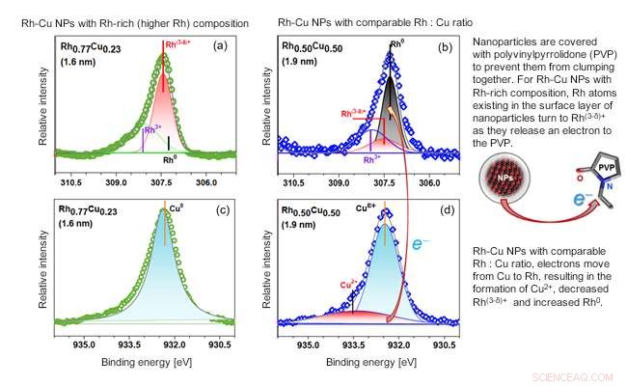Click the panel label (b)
click(448, 45)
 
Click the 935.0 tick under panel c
click(84, 343)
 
